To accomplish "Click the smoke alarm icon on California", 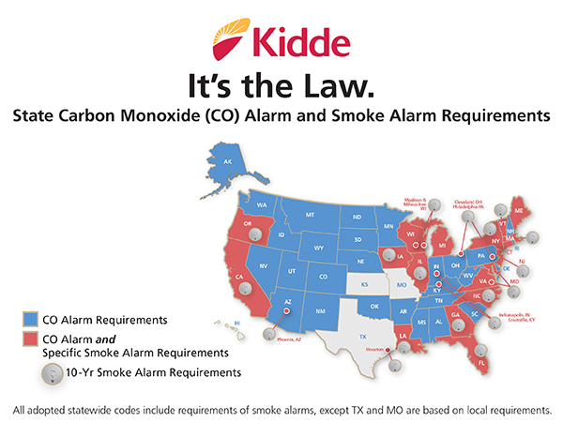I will click(x=246, y=291).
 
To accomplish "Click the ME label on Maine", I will click(x=517, y=213).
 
